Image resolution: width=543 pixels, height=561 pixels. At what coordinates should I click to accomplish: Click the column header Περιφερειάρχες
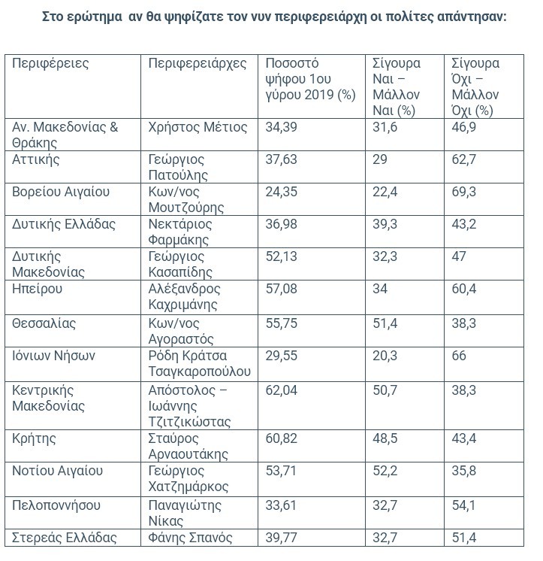pyautogui.click(x=198, y=63)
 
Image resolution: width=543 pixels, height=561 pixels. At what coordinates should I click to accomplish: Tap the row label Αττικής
pyautogui.click(x=36, y=159)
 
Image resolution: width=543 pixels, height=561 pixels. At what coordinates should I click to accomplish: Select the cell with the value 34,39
pyautogui.click(x=282, y=127)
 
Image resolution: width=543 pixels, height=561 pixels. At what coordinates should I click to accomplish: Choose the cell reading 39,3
pyautogui.click(x=385, y=224)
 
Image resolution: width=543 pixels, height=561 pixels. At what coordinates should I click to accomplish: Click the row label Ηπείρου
pyautogui.click(x=38, y=289)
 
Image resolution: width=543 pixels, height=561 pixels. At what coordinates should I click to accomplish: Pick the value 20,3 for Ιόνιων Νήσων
pyautogui.click(x=385, y=354)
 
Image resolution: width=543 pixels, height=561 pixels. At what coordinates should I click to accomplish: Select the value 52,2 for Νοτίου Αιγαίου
pyautogui.click(x=385, y=471)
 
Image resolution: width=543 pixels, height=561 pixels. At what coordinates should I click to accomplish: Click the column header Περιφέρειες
pyautogui.click(x=50, y=63)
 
